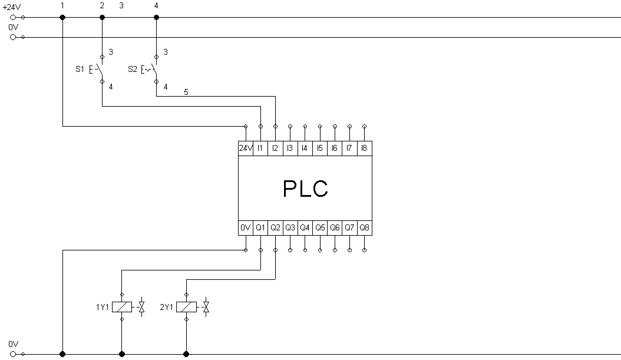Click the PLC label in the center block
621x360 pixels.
[x=305, y=189]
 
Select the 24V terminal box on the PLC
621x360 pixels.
[x=246, y=148]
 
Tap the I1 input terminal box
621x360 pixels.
[x=260, y=148]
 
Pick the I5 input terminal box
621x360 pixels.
[x=319, y=148]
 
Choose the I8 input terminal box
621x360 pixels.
[x=364, y=148]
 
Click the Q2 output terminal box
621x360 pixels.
[x=275, y=227]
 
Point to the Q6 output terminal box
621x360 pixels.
[x=335, y=227]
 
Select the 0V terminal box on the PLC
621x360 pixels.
[x=246, y=227]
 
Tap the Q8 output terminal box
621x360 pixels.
[x=364, y=227]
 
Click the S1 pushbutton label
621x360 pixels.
[x=80, y=70]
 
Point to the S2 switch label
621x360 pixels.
[x=133, y=70]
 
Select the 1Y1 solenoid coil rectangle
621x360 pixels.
[x=121, y=307]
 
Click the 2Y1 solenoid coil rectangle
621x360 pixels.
[x=186, y=307]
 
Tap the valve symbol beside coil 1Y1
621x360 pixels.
[x=141, y=307]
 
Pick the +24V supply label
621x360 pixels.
[x=11, y=7]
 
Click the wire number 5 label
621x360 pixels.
[x=186, y=93]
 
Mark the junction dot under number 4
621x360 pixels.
[x=157, y=18]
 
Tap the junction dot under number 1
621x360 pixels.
[x=62, y=18]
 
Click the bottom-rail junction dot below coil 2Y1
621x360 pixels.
[x=186, y=354]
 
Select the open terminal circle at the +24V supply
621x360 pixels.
[x=13, y=18]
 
